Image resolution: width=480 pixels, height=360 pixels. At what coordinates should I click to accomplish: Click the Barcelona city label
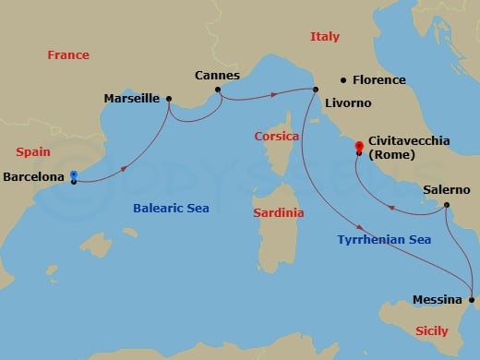tap(34, 175)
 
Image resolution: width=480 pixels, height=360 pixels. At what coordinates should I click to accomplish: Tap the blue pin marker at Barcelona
tap(73, 174)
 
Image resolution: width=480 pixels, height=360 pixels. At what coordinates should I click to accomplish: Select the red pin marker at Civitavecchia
tap(358, 145)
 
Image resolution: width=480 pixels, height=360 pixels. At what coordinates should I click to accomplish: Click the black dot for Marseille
tap(169, 98)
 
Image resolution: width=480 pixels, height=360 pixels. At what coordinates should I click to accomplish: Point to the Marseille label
tap(132, 98)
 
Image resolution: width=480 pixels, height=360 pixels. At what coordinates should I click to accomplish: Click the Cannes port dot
tap(218, 90)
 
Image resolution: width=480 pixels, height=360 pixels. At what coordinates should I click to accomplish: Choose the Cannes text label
tap(218, 75)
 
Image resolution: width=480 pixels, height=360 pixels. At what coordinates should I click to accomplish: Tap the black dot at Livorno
tap(315, 90)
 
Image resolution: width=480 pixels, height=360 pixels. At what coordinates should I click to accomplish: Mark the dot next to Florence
tap(342, 79)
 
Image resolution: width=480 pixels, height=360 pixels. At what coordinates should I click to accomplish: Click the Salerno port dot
tap(446, 204)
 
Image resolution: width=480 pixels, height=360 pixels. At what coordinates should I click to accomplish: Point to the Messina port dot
tap(472, 300)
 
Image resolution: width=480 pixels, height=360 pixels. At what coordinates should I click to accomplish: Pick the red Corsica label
tap(276, 136)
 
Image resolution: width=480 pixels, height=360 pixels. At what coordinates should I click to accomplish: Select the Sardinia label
tap(278, 212)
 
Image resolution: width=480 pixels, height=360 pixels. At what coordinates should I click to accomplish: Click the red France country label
tap(68, 54)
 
